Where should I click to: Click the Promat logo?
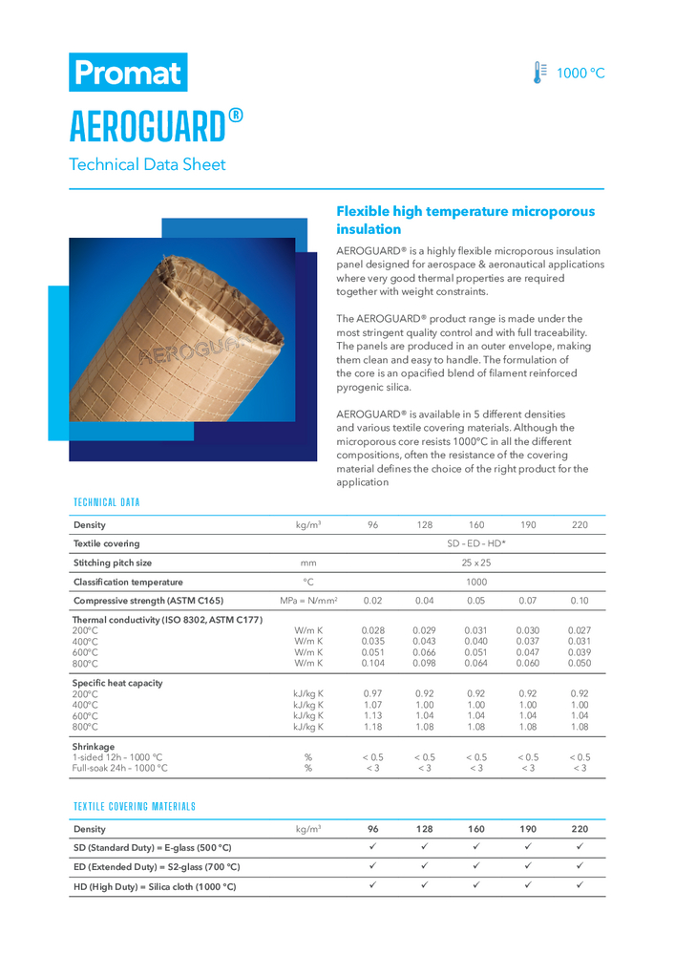128,72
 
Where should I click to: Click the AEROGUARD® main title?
157,124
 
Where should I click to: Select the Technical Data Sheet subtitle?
147,164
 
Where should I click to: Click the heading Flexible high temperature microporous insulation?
465,221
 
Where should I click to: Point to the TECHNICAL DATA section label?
107,501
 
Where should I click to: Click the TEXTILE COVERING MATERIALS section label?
135,806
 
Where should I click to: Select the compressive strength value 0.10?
580,600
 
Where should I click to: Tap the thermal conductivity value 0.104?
373,662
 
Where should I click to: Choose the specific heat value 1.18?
373,726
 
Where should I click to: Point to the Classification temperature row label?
128,581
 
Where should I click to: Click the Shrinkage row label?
94,747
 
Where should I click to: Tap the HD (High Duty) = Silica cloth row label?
154,886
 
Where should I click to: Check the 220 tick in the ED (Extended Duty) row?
580,866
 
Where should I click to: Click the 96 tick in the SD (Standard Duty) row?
373,847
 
